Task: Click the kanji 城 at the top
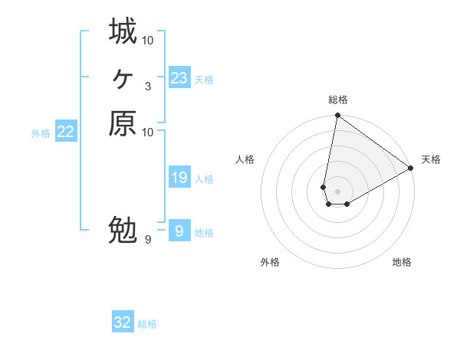[x=123, y=31]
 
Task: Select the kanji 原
[x=123, y=123]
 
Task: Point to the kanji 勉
[x=123, y=230]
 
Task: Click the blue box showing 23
[x=179, y=77]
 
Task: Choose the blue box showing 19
[x=179, y=178]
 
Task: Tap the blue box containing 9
[x=179, y=231]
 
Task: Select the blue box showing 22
[x=66, y=132]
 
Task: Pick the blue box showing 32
[x=123, y=322]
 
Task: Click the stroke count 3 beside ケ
[x=148, y=86]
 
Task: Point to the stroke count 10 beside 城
[x=148, y=40]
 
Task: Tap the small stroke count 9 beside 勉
[x=148, y=240]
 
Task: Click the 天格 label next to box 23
[x=204, y=79]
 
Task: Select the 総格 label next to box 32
[x=147, y=324]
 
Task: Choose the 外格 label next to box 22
[x=41, y=133]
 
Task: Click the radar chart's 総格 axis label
[x=338, y=100]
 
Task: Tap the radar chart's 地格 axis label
[x=402, y=262]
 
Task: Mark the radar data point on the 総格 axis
[x=337, y=116]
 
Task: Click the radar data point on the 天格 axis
[x=411, y=169]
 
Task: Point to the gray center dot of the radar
[x=337, y=191]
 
